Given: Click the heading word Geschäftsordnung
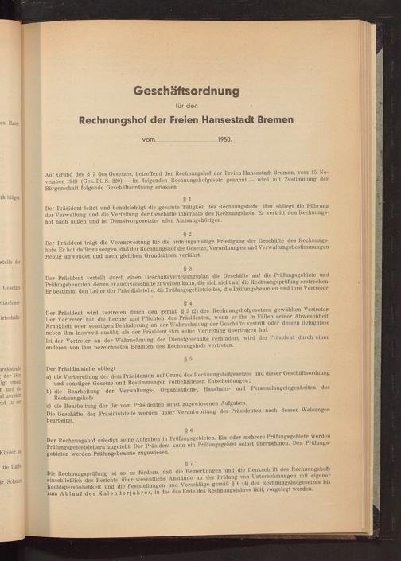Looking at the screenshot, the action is click(x=187, y=92).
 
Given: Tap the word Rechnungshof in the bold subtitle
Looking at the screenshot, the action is click(x=121, y=120).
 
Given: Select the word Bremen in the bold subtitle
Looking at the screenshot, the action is click(x=271, y=120).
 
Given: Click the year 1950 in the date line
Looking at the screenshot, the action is click(x=224, y=140).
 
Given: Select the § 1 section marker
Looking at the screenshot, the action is click(x=187, y=197).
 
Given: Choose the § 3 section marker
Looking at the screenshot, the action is click(x=187, y=268).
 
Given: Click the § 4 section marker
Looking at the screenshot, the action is click(x=187, y=303).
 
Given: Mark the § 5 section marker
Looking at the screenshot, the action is click(x=187, y=359).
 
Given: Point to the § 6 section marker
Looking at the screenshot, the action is click(x=187, y=429).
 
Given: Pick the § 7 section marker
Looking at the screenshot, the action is click(x=187, y=463).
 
